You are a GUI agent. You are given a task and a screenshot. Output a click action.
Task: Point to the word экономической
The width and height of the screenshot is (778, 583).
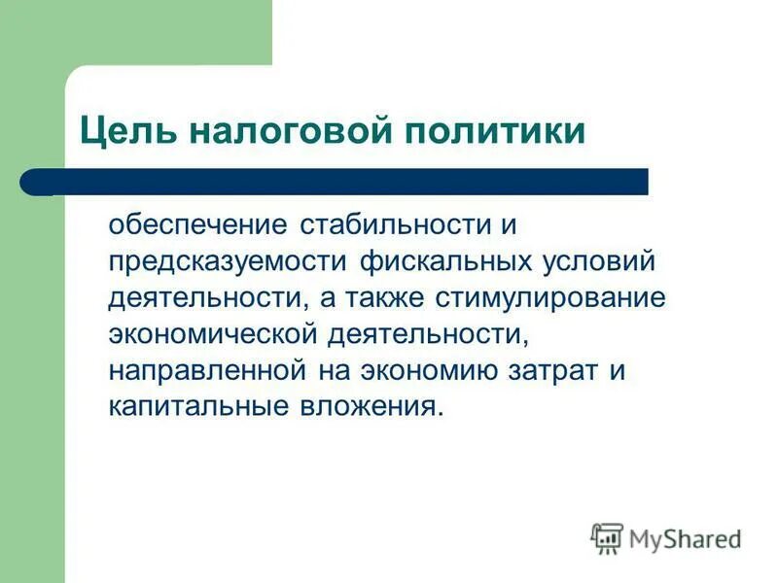pyautogui.click(x=213, y=334)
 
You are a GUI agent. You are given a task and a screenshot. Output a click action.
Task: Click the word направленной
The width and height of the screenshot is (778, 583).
pyautogui.click(x=204, y=370)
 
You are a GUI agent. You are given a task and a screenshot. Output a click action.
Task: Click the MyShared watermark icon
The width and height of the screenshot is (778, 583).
pyautogui.click(x=607, y=537)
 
